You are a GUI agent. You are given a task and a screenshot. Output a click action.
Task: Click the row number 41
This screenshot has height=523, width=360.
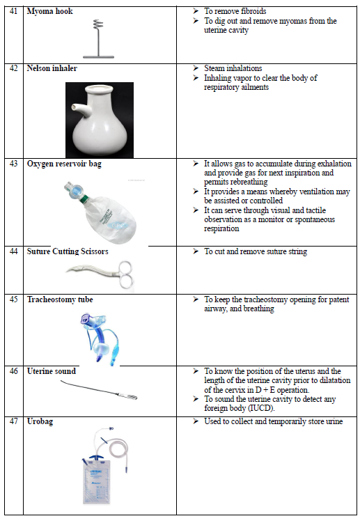point(13,11)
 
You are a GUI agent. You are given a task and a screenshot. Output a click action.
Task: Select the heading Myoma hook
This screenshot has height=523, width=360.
point(49,11)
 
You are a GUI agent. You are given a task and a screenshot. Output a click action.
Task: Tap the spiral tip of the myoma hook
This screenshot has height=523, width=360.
point(97,24)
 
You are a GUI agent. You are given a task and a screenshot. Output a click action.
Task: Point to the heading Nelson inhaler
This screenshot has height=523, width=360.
point(52,68)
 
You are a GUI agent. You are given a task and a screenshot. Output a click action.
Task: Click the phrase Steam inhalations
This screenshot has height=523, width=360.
point(233,68)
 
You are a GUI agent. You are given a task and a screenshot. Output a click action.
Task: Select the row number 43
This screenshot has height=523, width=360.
point(13,164)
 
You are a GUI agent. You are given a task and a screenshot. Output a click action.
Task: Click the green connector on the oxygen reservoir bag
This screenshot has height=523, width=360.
point(84,199)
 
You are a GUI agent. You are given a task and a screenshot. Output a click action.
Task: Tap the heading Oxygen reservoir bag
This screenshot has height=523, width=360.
point(64,164)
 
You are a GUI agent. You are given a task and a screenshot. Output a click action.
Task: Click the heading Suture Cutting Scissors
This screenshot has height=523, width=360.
point(68,251)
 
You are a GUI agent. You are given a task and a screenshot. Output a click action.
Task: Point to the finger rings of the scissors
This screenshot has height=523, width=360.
point(125,274)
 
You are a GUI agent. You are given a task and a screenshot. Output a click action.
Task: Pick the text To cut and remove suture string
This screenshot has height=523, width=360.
point(256,252)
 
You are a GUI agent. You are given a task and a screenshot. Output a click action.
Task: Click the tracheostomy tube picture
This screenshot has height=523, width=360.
point(99,338)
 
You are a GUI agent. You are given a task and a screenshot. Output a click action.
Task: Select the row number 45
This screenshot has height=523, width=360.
point(13,299)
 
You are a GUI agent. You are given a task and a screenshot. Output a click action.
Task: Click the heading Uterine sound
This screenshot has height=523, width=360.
point(52,371)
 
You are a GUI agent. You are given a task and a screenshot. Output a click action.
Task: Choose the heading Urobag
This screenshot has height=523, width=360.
point(40,421)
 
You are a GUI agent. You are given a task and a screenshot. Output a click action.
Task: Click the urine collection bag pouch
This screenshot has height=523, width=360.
point(96,482)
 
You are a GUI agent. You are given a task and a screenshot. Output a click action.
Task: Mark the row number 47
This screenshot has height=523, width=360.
point(13,421)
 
